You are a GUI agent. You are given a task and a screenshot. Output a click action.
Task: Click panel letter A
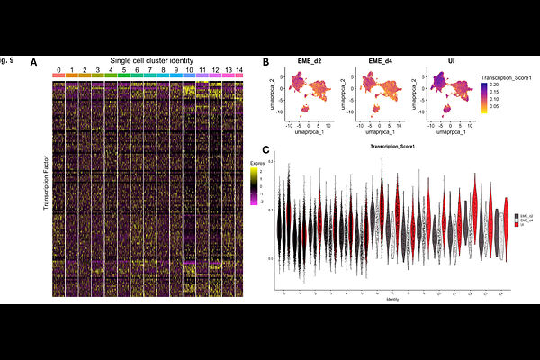pyautogui.click(x=34, y=62)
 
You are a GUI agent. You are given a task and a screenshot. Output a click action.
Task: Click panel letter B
pyautogui.click(x=265, y=62)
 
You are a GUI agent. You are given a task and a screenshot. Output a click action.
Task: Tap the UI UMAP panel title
pyautogui.click(x=438, y=61)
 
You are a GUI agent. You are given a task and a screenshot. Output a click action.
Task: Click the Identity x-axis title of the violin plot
pyautogui.click(x=392, y=299)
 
